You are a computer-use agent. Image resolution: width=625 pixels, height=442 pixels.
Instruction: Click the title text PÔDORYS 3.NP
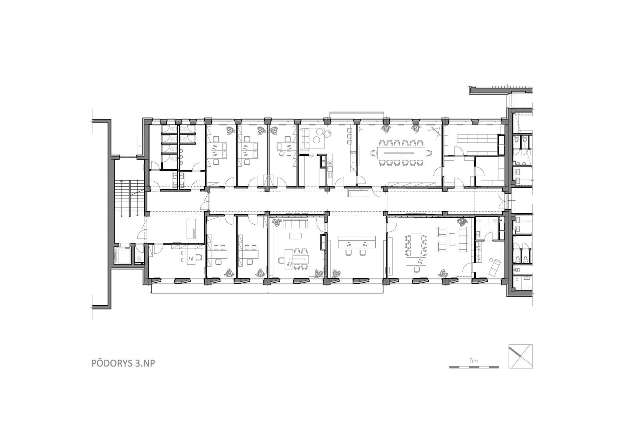pyautogui.click(x=123, y=363)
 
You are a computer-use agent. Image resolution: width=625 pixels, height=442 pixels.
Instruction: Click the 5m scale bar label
pyautogui.click(x=474, y=361)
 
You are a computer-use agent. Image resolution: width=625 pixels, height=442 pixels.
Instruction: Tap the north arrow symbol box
pyautogui.click(x=520, y=356)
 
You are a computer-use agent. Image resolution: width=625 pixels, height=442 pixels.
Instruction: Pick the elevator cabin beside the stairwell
pyautogui.click(x=122, y=256)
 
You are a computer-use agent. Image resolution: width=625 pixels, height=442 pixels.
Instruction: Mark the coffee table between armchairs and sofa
pyautogui.click(x=452, y=238)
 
